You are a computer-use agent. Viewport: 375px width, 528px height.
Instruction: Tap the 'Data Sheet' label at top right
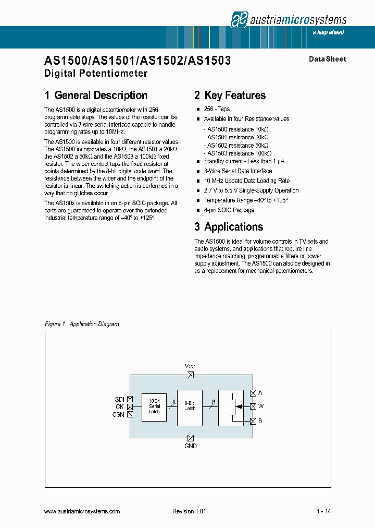pos(327,59)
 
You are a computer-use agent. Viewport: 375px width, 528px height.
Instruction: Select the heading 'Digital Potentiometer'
pos(96,73)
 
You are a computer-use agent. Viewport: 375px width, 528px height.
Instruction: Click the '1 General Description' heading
pos(96,95)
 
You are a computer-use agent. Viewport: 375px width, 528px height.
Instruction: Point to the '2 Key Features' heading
pos(230,95)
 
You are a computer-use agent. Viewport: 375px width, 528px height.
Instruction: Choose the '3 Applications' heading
pos(229,227)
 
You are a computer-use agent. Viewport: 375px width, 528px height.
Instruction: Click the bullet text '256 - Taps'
pos(217,109)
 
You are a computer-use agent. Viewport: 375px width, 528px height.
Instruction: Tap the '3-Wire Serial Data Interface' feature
pos(238,171)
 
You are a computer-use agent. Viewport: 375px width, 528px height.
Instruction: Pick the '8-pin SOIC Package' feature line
pos(229,210)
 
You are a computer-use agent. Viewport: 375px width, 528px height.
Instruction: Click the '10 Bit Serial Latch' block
pos(154,407)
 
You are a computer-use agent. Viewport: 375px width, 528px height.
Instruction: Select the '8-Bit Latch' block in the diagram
pos(190,406)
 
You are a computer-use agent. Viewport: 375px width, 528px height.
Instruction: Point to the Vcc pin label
pos(190,366)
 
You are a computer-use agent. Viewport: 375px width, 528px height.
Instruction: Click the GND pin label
pos(191,447)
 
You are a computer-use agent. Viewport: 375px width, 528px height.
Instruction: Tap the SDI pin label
pos(119,399)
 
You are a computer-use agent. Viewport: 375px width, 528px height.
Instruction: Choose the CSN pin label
pos(118,415)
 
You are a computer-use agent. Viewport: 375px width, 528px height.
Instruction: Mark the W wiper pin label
pos(261,406)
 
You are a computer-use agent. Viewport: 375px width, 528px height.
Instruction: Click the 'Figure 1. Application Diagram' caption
pos(82,324)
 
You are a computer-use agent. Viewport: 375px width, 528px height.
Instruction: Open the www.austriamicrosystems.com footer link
pos(82,511)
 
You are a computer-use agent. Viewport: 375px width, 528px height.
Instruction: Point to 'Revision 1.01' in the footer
pos(189,511)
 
